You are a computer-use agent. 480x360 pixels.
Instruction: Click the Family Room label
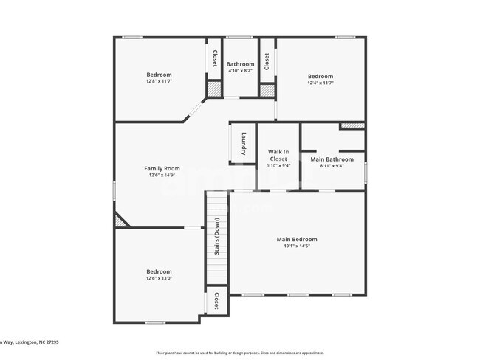162,168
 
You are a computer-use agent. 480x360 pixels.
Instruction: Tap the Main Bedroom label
297,239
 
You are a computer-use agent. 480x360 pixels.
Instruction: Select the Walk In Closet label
278,155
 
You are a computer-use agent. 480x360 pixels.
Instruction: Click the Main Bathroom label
332,159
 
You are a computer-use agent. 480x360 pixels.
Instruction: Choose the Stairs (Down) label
216,236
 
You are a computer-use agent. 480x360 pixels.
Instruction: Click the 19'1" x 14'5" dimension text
297,247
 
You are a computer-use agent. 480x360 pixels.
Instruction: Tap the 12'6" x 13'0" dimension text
159,279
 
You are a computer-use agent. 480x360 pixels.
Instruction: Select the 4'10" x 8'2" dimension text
240,72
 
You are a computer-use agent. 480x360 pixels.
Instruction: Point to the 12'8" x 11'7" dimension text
159,82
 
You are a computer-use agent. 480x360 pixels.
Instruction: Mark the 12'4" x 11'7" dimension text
320,83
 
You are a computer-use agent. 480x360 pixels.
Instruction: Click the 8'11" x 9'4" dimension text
332,166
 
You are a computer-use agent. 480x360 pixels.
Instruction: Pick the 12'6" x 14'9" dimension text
162,176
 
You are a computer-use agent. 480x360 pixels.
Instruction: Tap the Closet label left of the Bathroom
215,59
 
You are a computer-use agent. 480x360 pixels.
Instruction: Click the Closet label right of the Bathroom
267,61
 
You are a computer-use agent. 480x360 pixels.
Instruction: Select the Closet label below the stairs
216,300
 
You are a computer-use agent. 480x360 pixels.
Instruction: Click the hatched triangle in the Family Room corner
120,221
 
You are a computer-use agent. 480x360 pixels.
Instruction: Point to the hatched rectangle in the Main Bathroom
352,126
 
